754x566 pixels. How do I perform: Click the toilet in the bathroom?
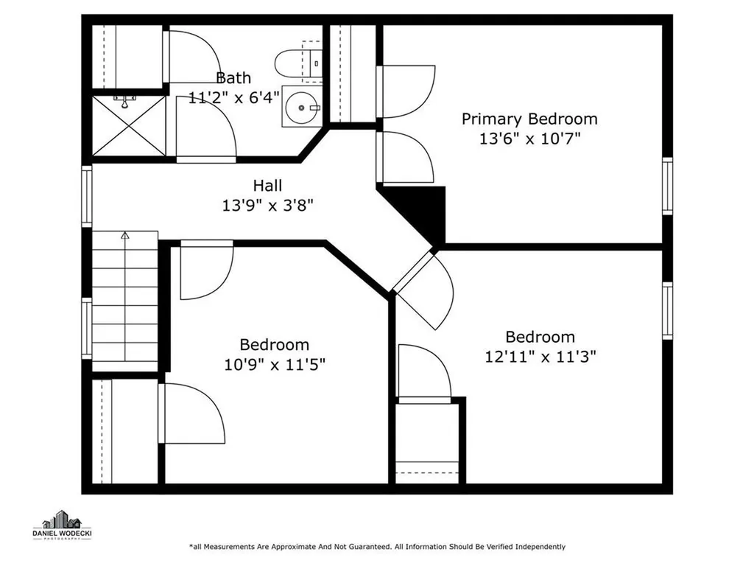point(298,63)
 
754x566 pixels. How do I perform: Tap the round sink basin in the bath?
point(301,108)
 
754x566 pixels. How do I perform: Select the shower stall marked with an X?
point(129,125)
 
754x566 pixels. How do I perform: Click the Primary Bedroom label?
point(529,119)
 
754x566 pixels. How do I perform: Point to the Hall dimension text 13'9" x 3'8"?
point(267,206)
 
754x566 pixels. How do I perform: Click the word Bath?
point(233,78)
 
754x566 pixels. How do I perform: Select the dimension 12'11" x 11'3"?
point(540,357)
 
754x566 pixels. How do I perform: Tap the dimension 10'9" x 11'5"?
point(275,365)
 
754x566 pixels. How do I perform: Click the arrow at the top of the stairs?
point(125,235)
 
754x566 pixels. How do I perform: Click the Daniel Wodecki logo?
point(62,525)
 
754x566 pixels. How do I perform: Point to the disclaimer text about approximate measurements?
point(378,547)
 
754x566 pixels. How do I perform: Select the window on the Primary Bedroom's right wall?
point(667,186)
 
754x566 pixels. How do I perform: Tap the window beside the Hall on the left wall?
point(87,196)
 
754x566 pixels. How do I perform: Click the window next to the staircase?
point(87,328)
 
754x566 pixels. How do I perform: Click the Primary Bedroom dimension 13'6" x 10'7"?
point(530,139)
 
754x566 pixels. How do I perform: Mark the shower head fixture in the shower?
point(124,102)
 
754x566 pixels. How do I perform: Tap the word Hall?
point(267,186)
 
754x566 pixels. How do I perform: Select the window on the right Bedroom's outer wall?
point(667,311)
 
